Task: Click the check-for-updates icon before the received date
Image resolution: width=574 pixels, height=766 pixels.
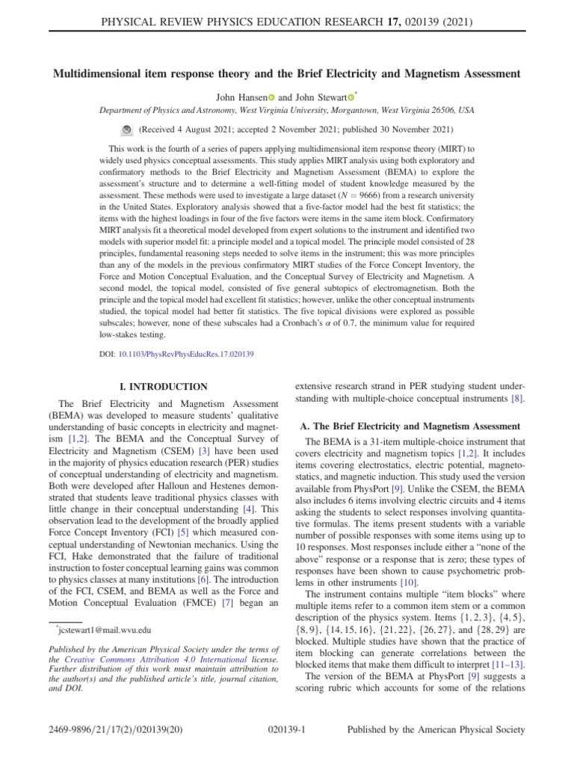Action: (126, 129)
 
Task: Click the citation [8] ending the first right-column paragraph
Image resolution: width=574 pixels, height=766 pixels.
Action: (517, 399)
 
